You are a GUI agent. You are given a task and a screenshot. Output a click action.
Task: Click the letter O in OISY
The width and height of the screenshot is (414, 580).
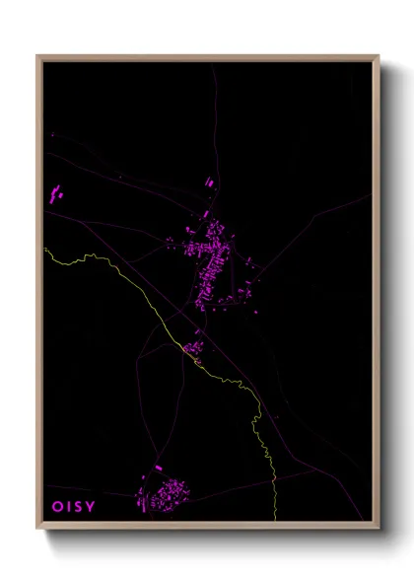tap(57, 506)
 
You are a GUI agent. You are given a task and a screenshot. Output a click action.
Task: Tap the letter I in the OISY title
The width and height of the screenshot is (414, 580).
tap(70, 506)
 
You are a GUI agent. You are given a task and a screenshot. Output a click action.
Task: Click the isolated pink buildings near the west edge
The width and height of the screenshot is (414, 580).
tap(54, 194)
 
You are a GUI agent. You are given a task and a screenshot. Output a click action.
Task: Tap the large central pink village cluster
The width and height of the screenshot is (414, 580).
tap(211, 261)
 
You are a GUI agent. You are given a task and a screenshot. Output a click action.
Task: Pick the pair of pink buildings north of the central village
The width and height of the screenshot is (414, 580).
tap(208, 182)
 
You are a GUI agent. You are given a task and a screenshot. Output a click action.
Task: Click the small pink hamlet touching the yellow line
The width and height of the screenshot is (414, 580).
tap(192, 348)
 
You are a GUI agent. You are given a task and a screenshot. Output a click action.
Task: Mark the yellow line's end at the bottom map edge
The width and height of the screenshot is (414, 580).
tap(271, 519)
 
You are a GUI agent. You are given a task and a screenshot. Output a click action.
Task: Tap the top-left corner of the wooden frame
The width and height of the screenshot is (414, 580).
tap(38, 56)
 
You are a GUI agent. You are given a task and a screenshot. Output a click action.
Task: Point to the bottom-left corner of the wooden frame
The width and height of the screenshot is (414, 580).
tap(38, 528)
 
